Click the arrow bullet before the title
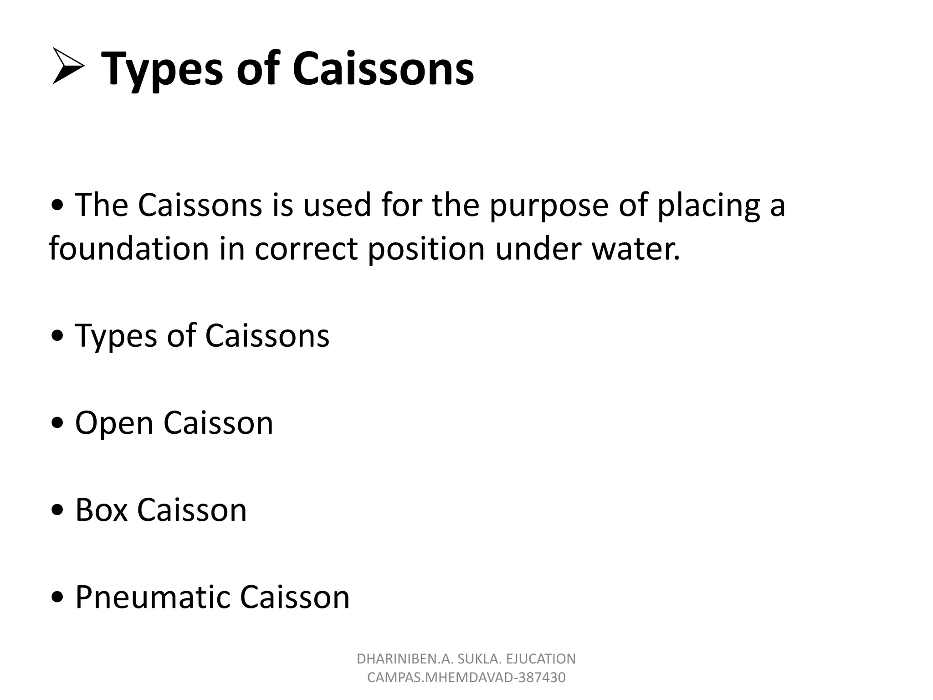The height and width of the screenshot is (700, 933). coord(68,67)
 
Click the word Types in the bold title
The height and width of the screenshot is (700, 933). coord(162,69)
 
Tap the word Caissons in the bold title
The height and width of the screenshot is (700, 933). coord(383,69)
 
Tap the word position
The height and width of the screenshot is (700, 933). coord(426,250)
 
